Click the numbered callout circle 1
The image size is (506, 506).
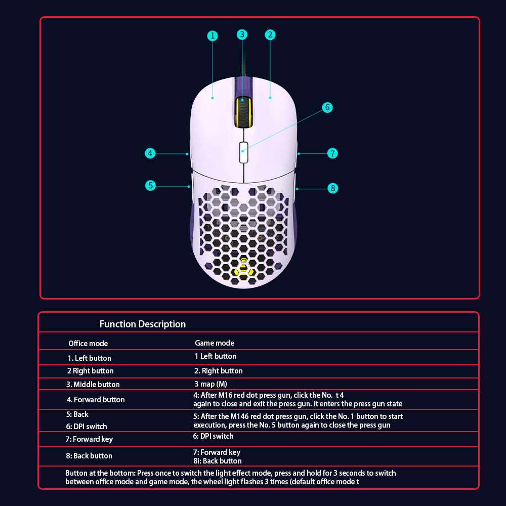point(213,35)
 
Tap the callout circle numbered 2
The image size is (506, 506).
point(270,35)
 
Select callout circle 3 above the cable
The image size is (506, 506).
point(242,34)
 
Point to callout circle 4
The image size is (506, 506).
point(150,153)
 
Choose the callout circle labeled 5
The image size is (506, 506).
point(150,185)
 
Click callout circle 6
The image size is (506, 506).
point(327,107)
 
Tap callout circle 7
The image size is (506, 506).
point(333,153)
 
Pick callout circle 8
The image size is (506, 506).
point(333,188)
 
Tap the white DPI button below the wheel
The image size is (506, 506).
point(244,152)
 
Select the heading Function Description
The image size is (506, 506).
point(143,324)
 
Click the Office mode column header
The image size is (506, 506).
point(88,344)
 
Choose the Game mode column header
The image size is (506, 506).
point(215,343)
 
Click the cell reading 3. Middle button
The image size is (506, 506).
point(93,385)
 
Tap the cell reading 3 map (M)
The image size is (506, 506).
point(210,384)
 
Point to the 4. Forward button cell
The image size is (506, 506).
point(96,400)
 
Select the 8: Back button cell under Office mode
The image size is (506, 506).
point(89,456)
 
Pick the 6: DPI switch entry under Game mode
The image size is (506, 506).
point(213,436)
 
